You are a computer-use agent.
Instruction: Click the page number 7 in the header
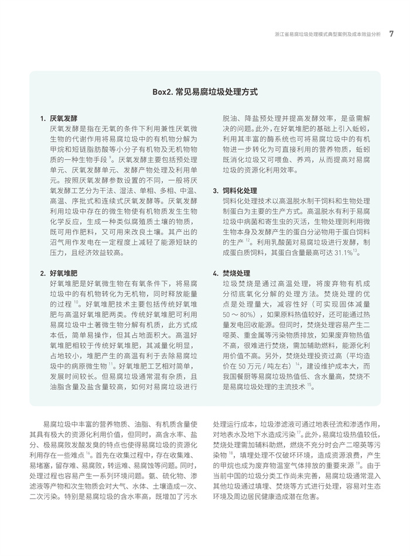(391, 34)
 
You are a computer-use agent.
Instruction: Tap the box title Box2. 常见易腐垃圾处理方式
(205, 92)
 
